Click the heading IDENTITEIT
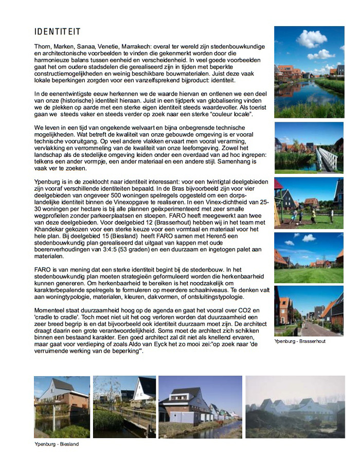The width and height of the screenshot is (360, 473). coord(57,32)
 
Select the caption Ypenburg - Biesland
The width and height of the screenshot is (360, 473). coord(57,444)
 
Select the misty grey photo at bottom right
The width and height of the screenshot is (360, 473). coord(295,406)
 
